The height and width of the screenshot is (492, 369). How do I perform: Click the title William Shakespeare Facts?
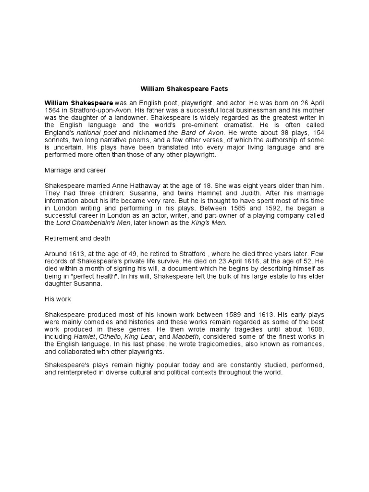pyautogui.click(x=184, y=89)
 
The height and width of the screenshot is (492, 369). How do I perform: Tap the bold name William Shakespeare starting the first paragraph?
pyautogui.click(x=79, y=103)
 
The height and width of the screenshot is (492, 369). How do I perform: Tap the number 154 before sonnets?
pyautogui.click(x=317, y=132)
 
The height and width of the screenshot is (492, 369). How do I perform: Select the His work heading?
pyautogui.click(x=58, y=299)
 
